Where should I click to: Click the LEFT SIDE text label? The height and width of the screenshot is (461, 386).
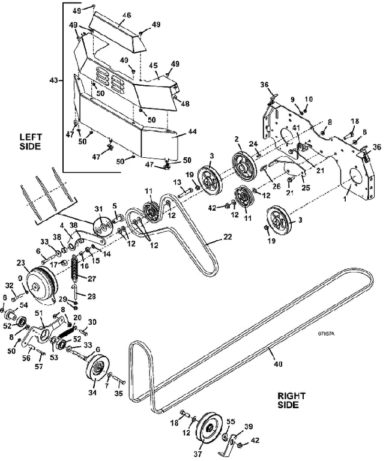point(31,142)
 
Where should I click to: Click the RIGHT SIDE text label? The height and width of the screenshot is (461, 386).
point(291,400)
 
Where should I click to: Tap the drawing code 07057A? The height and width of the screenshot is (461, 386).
point(326,334)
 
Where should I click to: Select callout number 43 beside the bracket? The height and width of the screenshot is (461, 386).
point(53,80)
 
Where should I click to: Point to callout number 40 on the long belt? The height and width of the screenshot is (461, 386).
point(278,364)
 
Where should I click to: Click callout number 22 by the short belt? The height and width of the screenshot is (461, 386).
point(228,237)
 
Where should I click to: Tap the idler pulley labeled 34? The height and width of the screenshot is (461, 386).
point(98,369)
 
